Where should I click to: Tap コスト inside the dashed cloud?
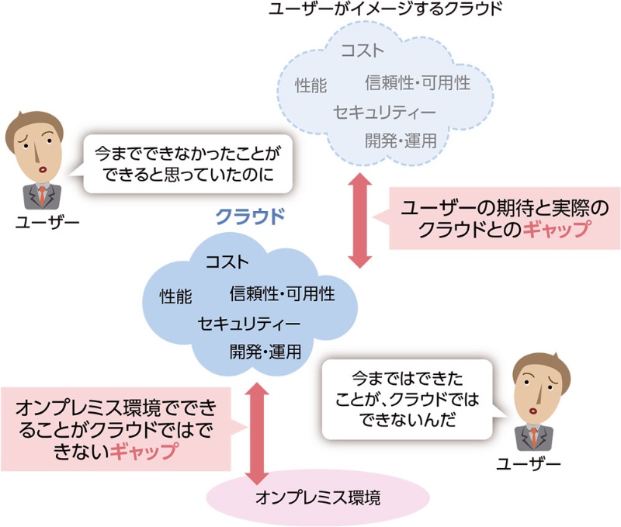coord(363,52)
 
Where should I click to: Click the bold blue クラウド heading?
coord(250,215)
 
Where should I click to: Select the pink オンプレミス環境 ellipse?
coord(318,498)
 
